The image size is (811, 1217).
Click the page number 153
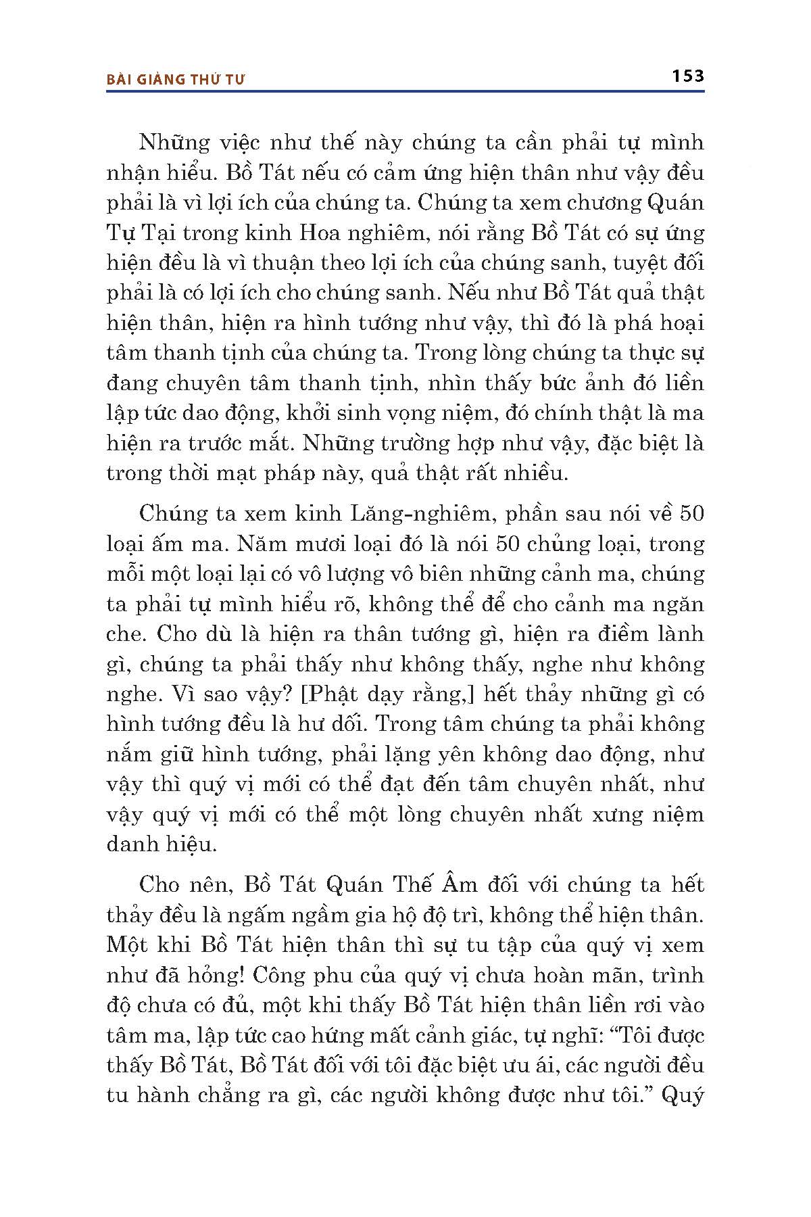[x=688, y=76]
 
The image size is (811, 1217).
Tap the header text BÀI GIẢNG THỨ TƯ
[x=176, y=79]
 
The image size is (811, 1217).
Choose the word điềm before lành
[x=614, y=634]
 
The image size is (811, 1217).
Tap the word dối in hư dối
[x=348, y=724]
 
